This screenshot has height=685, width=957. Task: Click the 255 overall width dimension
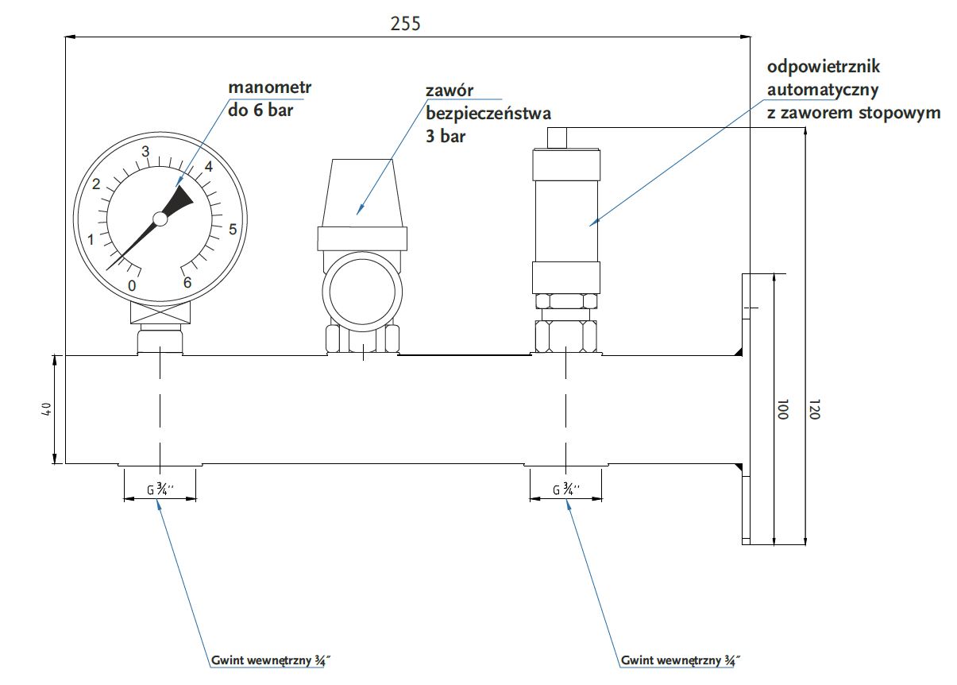point(405,23)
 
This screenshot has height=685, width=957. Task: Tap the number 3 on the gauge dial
point(145,152)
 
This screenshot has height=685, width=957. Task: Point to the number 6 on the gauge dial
point(187,282)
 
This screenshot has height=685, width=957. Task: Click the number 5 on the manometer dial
point(233,230)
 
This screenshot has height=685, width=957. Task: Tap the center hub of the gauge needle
point(160,218)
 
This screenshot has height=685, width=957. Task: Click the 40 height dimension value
point(47,408)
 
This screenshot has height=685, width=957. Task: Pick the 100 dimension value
point(781,410)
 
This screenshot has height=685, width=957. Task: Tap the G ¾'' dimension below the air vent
point(566,490)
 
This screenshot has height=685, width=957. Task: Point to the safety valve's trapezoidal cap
point(362,192)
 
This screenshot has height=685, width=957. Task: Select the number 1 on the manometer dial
point(91,240)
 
